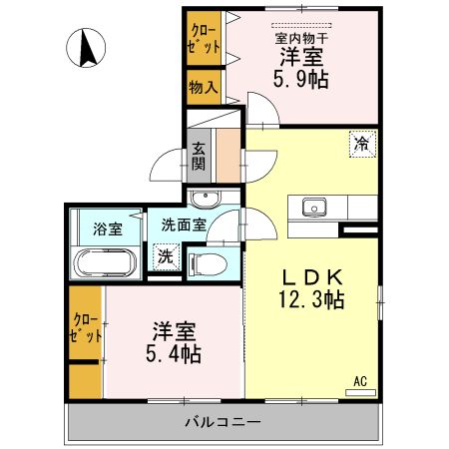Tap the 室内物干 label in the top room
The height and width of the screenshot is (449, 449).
click(x=302, y=39)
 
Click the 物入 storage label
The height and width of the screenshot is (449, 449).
click(x=204, y=87)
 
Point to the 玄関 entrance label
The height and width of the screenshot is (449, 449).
click(x=200, y=156)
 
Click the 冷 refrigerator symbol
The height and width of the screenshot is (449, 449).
click(x=362, y=144)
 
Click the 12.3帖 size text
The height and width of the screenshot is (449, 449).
click(x=311, y=298)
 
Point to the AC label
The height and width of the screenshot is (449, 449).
click(x=360, y=380)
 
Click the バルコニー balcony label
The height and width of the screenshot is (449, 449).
click(x=223, y=422)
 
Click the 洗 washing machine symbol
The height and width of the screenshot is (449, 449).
click(x=164, y=255)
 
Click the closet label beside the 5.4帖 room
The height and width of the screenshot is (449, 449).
click(x=85, y=328)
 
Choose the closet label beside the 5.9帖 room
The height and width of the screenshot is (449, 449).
click(x=204, y=37)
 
